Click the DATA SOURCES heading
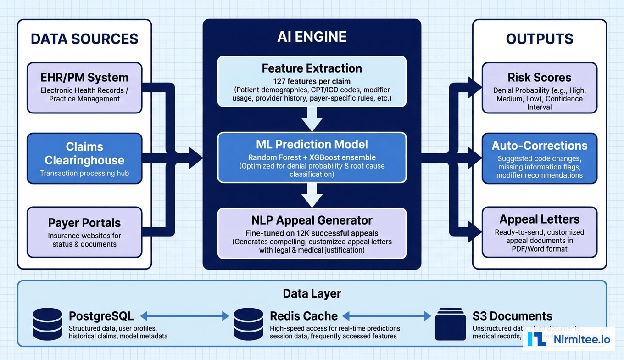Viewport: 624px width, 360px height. pos(84,39)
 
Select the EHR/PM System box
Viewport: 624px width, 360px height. pos(84,88)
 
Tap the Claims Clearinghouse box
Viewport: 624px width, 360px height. pos(84,158)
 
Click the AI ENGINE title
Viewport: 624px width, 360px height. pos(312,37)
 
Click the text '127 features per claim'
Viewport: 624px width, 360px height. pos(312,80)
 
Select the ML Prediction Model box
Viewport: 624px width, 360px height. pos(312,157)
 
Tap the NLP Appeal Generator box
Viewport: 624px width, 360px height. pos(312,233)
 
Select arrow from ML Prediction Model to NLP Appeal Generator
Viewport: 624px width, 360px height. pos(312,196)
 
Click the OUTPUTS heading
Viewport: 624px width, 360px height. pos(540,39)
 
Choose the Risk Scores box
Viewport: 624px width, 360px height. pos(540,88)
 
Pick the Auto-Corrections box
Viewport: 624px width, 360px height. pos(540,158)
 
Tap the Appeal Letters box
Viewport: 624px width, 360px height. pos(540,232)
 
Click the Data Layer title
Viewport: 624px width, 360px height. pos(312,293)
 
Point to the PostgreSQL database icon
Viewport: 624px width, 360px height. pos(47,324)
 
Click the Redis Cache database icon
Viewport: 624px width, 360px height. pos(248,324)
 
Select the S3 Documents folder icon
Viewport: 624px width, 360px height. pos(450,324)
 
